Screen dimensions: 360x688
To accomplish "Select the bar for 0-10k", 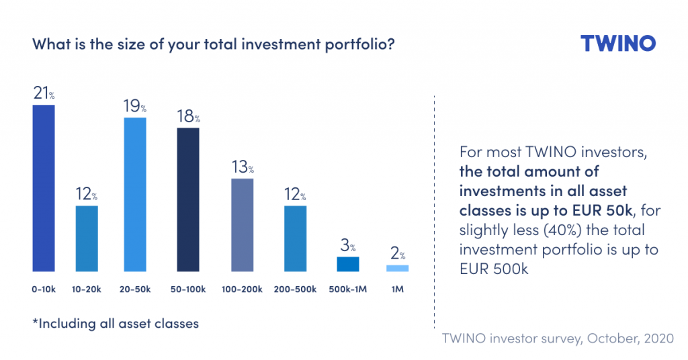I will click(x=43, y=188).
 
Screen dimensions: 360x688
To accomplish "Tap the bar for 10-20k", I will click(x=87, y=238).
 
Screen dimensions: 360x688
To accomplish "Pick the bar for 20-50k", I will click(x=134, y=195).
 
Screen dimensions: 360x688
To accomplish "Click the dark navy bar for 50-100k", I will click(x=188, y=199).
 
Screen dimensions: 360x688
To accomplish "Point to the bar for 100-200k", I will click(x=242, y=225).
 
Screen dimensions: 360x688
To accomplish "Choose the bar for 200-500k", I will click(x=296, y=238).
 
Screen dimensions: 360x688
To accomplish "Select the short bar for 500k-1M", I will click(x=348, y=264).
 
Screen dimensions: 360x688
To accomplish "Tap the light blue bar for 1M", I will click(x=397, y=268).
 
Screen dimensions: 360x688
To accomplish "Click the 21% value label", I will click(x=44, y=93).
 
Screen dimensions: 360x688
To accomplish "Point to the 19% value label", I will click(x=135, y=106).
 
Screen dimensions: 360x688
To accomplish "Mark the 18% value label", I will click(x=189, y=116).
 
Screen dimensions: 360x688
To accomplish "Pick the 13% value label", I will click(x=242, y=167).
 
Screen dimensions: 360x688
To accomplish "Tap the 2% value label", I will click(x=398, y=255).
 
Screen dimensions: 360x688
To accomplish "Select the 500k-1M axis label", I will click(x=348, y=290).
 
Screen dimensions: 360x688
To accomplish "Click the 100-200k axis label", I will click(x=242, y=290).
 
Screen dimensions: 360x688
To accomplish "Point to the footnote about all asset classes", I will click(x=116, y=324).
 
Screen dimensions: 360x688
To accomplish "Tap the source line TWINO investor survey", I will click(x=557, y=338).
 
